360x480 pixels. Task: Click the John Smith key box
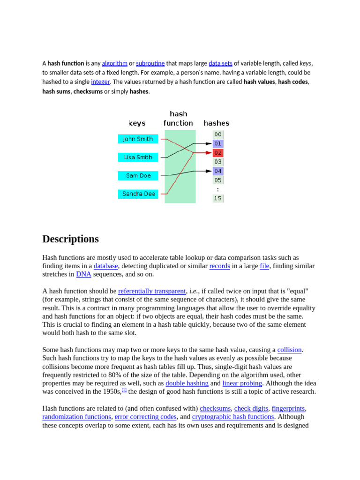coord(138,139)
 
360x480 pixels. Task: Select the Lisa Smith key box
coord(138,157)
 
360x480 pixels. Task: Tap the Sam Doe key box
coord(138,175)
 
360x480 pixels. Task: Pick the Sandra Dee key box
coord(138,194)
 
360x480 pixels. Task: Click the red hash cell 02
coord(218,153)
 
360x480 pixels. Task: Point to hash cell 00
coord(218,135)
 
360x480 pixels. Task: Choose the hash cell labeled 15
coord(218,198)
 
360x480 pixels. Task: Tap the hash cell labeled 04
coord(218,171)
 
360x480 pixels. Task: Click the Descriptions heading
coord(70,239)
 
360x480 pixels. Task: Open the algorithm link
coord(114,63)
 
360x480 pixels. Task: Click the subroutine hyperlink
coord(150,63)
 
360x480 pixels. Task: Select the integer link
coord(100,82)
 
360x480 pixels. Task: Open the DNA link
coord(83,274)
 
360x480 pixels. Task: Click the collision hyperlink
coord(289,350)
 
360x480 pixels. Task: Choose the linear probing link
coord(242,383)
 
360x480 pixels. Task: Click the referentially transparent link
coord(152,291)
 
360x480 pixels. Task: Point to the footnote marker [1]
coord(124,390)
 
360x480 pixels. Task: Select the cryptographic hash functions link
coord(233,417)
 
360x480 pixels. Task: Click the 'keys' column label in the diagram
coord(137,123)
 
